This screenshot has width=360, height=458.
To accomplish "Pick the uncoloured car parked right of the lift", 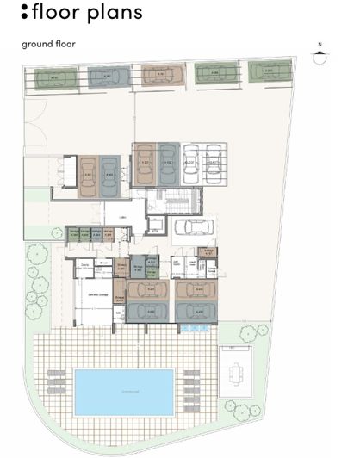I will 194,228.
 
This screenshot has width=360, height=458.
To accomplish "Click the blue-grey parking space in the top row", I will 106,77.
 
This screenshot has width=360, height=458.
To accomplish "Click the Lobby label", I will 122,218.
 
